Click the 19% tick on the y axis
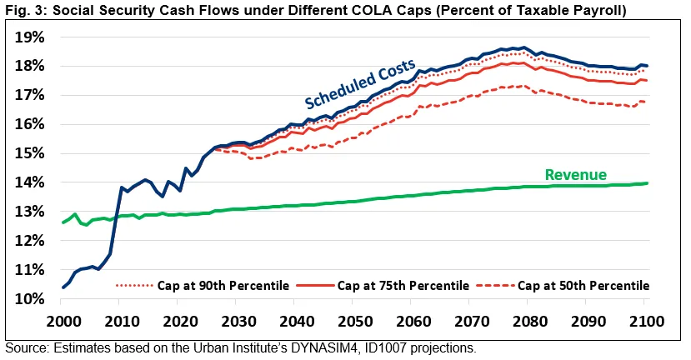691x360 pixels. [27, 37]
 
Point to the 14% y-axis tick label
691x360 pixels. [27, 182]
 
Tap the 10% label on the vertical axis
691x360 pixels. [27, 299]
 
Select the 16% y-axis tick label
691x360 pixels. [27, 124]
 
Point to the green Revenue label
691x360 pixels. [574, 174]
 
